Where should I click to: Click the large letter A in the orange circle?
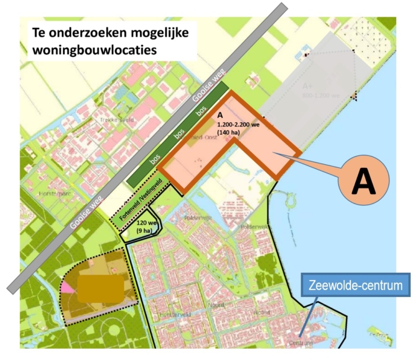tap(363, 182)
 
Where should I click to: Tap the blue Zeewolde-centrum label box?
tap(355, 285)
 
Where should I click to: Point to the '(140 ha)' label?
tap(229, 133)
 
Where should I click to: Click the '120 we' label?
tap(146, 222)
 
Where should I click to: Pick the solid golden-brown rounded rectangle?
tap(101, 289)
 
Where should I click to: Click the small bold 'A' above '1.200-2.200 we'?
tap(220, 116)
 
